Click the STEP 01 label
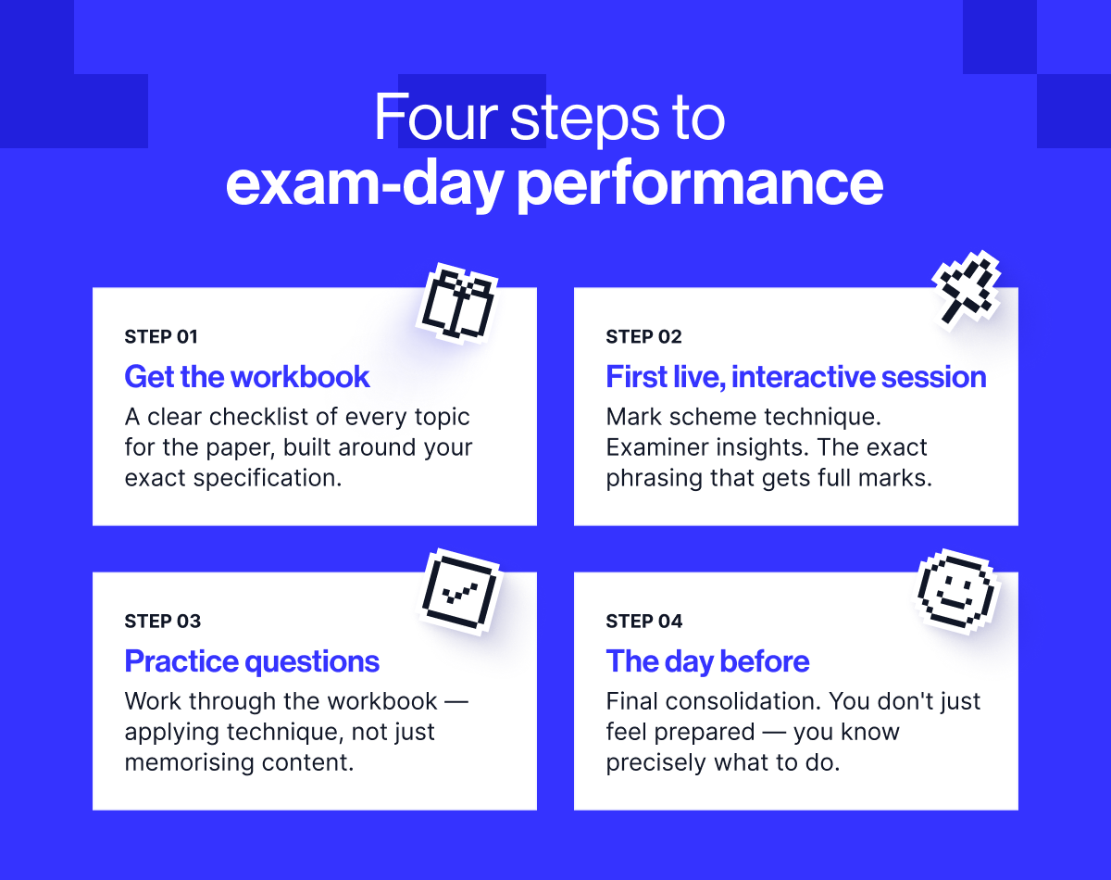161,337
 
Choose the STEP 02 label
643,337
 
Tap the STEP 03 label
163,622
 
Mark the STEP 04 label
644,622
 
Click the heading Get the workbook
247,377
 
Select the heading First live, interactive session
796,377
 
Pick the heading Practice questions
252,661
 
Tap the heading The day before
707,661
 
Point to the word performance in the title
699,183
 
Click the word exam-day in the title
365,183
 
